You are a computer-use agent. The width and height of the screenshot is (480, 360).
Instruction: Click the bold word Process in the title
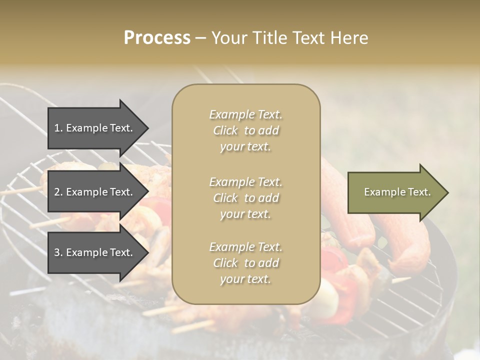click(157, 38)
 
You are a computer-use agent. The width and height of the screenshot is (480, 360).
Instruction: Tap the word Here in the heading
click(349, 38)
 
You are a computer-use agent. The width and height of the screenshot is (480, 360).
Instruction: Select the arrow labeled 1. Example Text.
click(95, 128)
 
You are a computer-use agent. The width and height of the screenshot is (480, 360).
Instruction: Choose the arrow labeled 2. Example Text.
click(95, 192)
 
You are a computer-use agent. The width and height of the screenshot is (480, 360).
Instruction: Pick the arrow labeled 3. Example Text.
click(95, 252)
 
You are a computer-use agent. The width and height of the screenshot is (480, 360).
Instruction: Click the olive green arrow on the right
click(395, 192)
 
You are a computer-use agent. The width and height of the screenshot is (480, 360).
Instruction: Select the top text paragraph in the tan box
click(245, 130)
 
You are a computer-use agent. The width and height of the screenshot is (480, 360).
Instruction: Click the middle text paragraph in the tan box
click(245, 198)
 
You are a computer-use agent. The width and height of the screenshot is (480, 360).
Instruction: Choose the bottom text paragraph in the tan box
click(245, 263)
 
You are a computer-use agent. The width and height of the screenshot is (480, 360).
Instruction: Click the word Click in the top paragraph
click(225, 130)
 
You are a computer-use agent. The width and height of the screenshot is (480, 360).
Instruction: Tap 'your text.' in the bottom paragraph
click(245, 279)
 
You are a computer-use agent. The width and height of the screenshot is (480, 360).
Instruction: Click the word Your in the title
click(228, 38)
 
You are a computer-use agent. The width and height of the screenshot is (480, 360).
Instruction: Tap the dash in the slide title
click(200, 38)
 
